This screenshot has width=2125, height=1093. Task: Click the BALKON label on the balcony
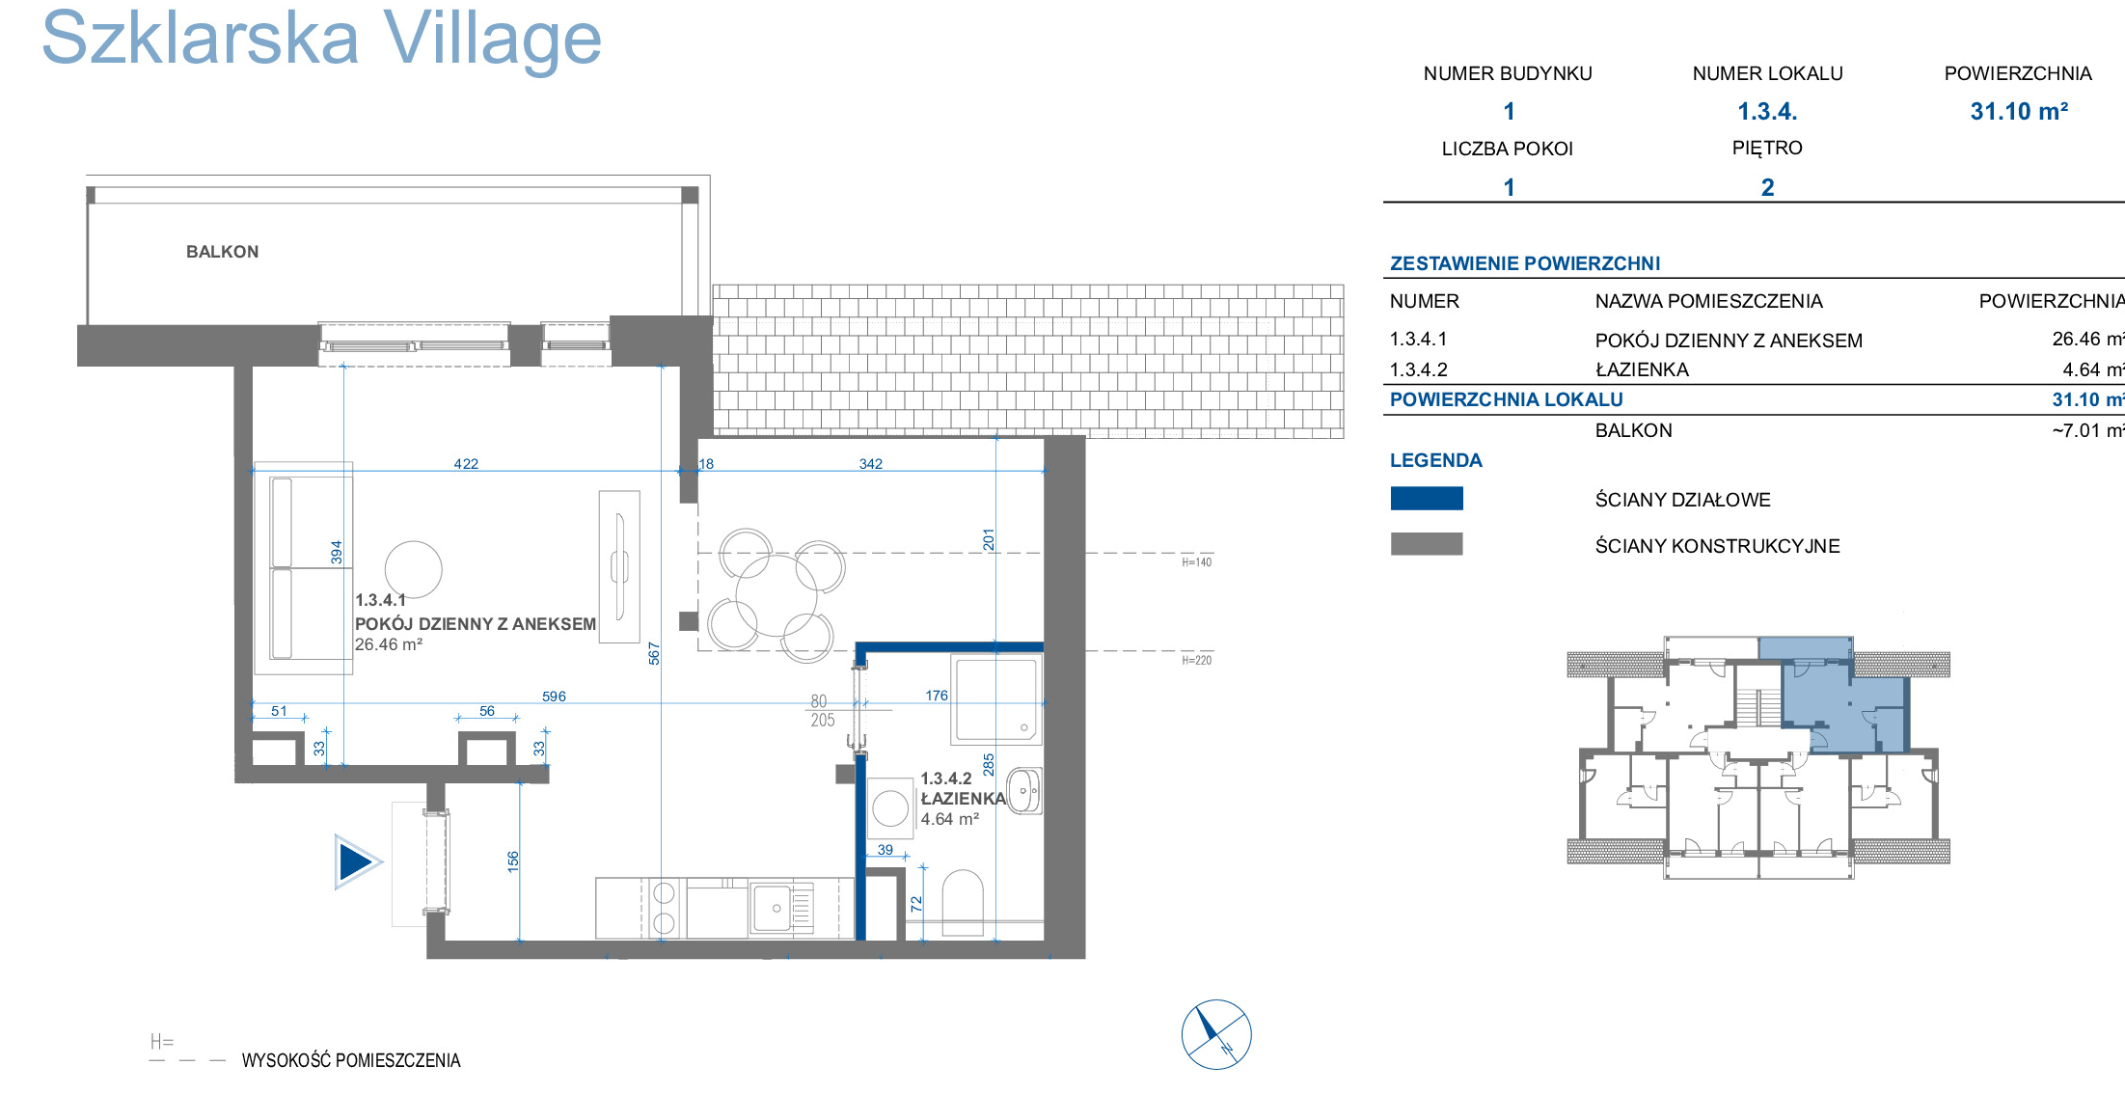pyautogui.click(x=222, y=252)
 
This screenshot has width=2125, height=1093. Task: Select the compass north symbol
pyautogui.click(x=1216, y=1034)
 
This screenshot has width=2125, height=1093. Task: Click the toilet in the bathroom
pyautogui.click(x=962, y=903)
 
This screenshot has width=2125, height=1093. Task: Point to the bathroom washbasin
pyautogui.click(x=1024, y=791)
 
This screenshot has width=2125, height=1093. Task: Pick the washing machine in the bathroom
pyautogui.click(x=890, y=808)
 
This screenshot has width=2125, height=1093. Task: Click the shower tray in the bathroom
pyautogui.click(x=996, y=699)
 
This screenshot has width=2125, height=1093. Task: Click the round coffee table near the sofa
pyautogui.click(x=413, y=569)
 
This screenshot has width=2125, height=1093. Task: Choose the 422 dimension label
pyautogui.click(x=466, y=464)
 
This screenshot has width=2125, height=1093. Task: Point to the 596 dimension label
pyautogui.click(x=554, y=697)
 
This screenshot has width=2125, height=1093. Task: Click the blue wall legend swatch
pyautogui.click(x=1427, y=498)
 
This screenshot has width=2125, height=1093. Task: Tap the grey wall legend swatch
pyautogui.click(x=1427, y=544)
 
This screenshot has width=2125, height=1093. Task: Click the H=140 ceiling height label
pyautogui.click(x=1196, y=562)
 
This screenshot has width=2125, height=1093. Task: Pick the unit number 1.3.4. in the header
pyautogui.click(x=1767, y=112)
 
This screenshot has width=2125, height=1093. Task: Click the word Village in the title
pyautogui.click(x=492, y=39)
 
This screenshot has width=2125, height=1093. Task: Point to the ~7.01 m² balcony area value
pyautogui.click(x=2088, y=430)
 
